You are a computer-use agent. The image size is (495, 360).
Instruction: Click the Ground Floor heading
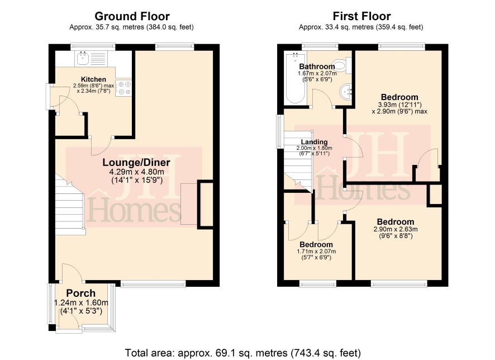click(x=132, y=16)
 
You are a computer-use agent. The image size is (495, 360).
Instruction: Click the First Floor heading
click(x=361, y=16)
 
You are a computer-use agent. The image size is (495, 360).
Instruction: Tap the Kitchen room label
click(x=93, y=79)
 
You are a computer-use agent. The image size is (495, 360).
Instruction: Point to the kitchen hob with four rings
click(x=123, y=88)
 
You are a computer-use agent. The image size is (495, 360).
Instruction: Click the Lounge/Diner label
click(x=136, y=162)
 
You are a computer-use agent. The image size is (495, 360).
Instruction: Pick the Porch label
click(x=81, y=293)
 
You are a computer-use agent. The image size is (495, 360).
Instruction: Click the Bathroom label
click(x=317, y=67)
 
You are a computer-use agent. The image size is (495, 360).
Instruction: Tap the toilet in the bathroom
click(x=341, y=66)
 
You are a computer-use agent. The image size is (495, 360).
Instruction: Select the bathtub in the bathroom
click(x=294, y=78)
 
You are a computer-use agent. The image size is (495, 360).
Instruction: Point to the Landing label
click(x=314, y=142)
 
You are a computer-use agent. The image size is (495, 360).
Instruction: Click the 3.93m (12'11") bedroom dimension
click(x=399, y=105)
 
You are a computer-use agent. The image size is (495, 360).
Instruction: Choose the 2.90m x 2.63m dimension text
click(x=396, y=229)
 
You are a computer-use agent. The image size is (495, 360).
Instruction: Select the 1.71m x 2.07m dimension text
click(x=316, y=252)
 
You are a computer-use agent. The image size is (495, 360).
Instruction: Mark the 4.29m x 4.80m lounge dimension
click(x=137, y=172)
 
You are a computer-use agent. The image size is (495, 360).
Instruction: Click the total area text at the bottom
click(x=243, y=353)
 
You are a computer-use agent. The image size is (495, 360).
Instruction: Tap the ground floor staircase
click(x=70, y=205)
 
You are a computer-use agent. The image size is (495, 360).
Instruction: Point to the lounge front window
click(x=153, y=285)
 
